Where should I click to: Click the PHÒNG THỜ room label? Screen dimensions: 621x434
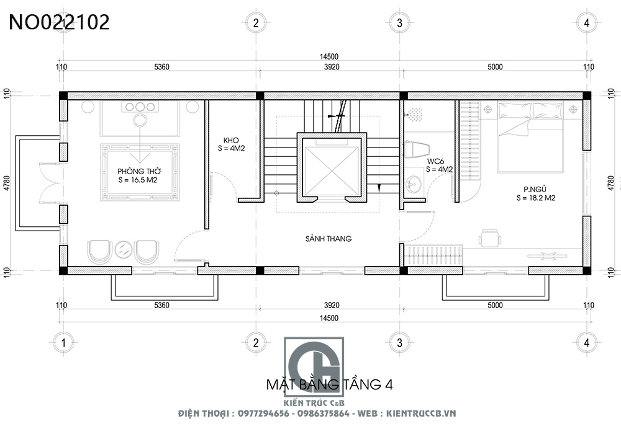pos(139,172)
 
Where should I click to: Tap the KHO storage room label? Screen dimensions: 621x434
pos(231,140)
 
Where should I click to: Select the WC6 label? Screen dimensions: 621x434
pos(436,161)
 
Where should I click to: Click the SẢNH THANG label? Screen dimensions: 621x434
pos(329,239)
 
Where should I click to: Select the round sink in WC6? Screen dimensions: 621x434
pos(414,184)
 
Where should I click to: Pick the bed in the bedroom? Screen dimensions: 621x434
pos(530,137)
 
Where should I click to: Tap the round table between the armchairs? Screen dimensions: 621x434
pos(124,249)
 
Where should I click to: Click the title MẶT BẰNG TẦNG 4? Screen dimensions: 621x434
pos(330,384)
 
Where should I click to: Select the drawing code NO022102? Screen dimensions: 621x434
pos(59,22)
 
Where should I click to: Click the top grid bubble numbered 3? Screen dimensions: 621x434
pos(399,23)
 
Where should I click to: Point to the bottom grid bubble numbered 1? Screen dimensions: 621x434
pos(63,342)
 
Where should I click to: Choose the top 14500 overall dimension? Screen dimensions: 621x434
pos(329,57)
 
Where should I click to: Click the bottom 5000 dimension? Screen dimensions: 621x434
pos(495,305)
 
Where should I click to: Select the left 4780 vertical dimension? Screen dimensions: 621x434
pos(7,184)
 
